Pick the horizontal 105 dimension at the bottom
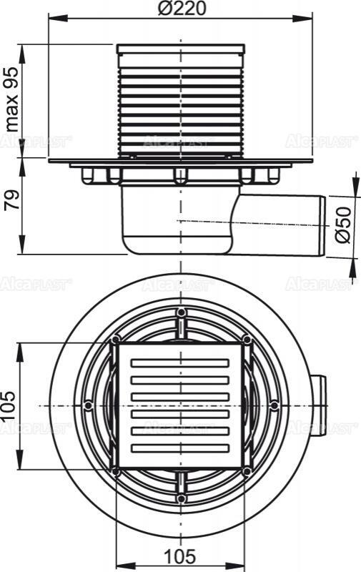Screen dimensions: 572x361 181,556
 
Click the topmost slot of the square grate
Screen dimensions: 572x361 180,363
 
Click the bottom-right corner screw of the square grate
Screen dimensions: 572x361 247,471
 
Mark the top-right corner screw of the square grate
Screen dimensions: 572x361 247,339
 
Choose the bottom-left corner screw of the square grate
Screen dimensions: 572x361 114,471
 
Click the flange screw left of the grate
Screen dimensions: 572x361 87,405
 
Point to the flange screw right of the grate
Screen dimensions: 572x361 275,405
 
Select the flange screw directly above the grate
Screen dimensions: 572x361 181,312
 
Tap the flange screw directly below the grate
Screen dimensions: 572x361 181,498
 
